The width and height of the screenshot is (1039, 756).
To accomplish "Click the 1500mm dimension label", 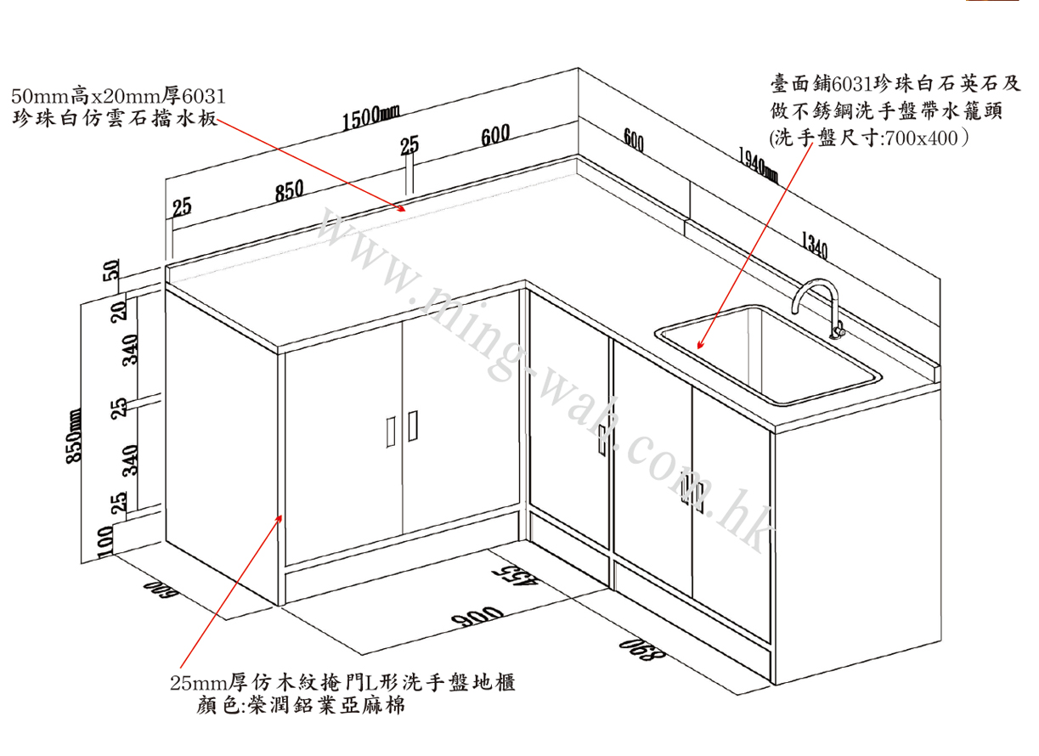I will (x=371, y=118).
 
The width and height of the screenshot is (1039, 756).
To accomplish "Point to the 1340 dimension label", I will (x=814, y=246).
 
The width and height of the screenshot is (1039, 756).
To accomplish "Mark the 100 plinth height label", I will (x=105, y=540).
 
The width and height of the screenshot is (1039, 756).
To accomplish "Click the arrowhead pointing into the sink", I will (x=700, y=346).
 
